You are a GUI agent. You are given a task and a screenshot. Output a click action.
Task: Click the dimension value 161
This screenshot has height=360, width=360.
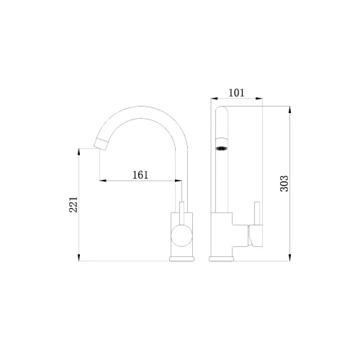[140, 175]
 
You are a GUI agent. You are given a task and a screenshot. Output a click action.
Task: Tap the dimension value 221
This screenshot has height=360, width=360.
[73, 204]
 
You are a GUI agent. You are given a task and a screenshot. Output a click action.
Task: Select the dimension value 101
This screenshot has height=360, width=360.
[236, 93]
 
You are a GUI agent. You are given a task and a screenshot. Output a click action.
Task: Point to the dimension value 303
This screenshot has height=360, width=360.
[284, 184]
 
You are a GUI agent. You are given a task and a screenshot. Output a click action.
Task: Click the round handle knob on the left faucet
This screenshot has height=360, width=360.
[181, 235]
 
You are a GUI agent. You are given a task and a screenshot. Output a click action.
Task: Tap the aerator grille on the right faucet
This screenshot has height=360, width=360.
[222, 148]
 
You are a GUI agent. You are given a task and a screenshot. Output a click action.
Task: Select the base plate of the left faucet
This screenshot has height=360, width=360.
[181, 258]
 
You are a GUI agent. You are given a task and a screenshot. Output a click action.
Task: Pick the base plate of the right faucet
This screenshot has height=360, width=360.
[221, 258]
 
